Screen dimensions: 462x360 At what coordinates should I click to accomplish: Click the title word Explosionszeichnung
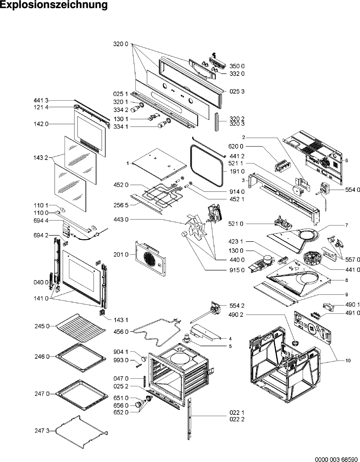pos(54,5)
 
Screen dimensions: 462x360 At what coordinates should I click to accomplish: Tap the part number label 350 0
pos(237,66)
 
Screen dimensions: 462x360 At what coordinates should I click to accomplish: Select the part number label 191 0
pos(237,171)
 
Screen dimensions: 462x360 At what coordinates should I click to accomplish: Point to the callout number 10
pos(348,361)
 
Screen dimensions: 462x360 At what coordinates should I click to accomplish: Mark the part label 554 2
pos(237,306)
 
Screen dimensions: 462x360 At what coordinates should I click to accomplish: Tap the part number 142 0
pos(42,124)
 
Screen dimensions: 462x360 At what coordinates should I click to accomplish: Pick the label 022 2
pos(237,419)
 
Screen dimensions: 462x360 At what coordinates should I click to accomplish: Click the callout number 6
pos(347,160)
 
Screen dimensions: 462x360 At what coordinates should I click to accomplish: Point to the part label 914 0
pos(237,192)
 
